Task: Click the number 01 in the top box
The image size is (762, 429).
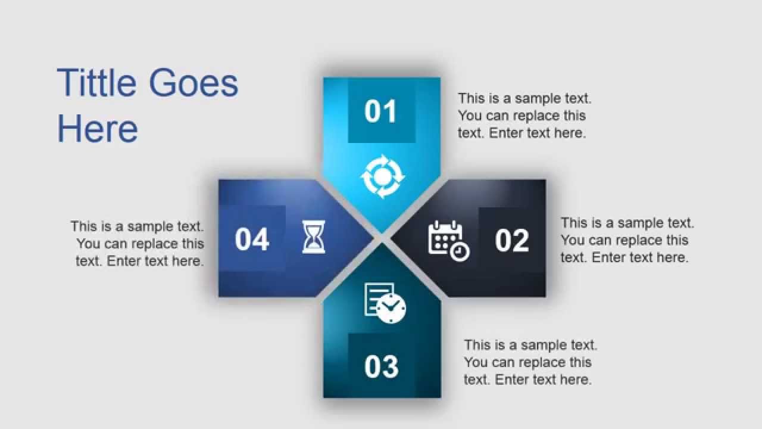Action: pos(381,112)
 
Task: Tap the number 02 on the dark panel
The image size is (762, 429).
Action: pos(511,240)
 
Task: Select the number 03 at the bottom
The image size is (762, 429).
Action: pos(381,366)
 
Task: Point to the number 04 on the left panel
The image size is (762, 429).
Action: pos(252,240)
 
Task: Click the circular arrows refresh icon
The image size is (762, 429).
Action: pos(382,176)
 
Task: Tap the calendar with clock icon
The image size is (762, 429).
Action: pos(449,241)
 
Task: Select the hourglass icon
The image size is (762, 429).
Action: pos(314,237)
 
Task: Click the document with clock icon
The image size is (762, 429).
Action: pos(385,303)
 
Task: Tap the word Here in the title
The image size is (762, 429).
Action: pos(98,129)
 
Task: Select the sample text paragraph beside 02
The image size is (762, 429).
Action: pos(627,240)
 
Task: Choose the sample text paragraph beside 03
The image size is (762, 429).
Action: pos(530,362)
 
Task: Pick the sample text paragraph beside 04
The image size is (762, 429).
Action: pos(138,244)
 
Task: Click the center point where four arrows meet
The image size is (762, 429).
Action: pos(382,238)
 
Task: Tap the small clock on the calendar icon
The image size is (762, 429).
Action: pos(460,252)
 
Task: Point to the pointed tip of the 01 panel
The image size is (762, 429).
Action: pos(382,231)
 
